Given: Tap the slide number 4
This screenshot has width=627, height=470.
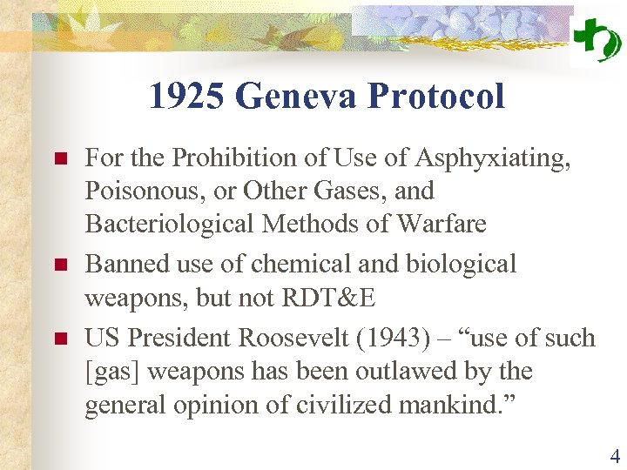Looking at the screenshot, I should tap(615, 456).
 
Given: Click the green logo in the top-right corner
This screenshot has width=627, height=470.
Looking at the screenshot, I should tap(597, 39).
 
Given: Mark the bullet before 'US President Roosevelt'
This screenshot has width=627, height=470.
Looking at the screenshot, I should tap(60, 338).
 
